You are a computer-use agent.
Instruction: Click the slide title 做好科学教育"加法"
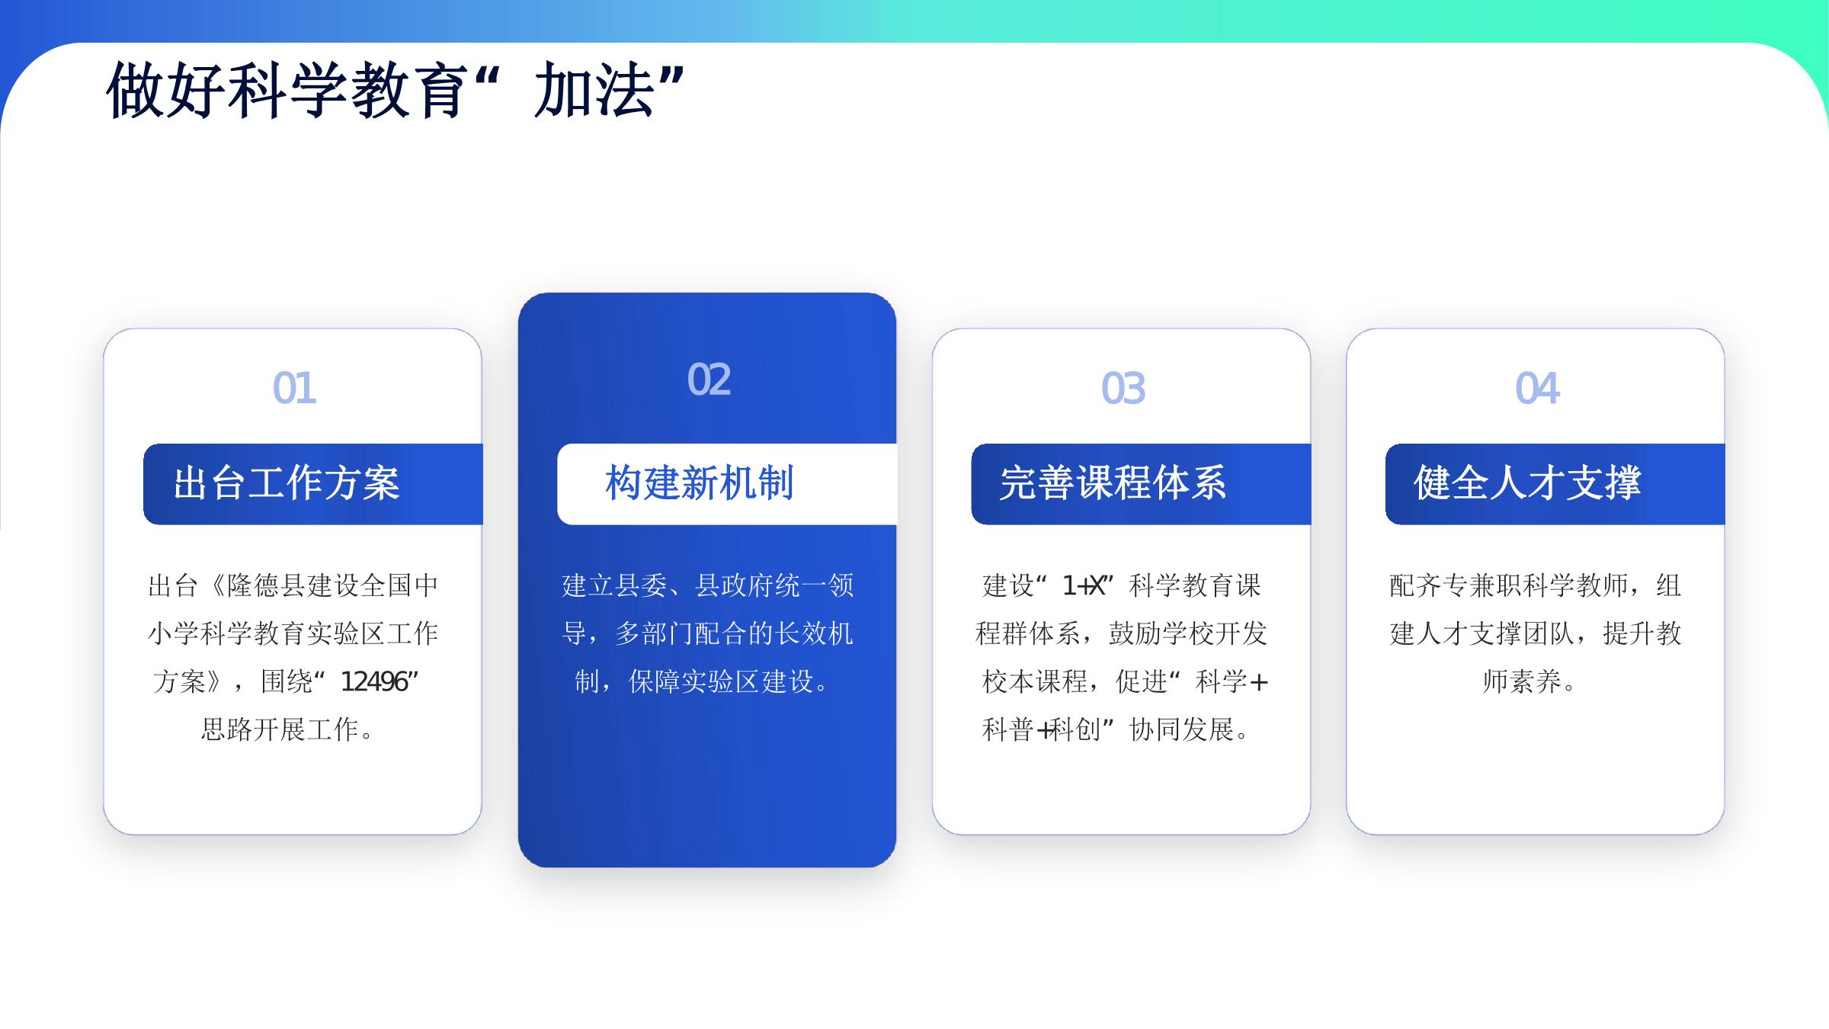[395, 91]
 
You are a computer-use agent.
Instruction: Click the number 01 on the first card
[294, 388]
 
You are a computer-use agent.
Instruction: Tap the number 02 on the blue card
[709, 380]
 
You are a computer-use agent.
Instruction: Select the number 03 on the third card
[1123, 388]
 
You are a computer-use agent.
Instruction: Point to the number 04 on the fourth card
[1537, 388]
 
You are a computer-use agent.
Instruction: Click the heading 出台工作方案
[287, 483]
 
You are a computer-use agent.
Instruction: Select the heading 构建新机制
[700, 483]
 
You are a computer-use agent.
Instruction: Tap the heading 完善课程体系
[1113, 483]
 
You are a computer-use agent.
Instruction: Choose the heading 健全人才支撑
[1527, 483]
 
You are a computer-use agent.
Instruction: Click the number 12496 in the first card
[374, 681]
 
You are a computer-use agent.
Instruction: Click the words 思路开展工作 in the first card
[280, 729]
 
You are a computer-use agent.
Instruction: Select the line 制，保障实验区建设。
[702, 681]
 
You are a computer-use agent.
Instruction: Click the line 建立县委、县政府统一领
[708, 585]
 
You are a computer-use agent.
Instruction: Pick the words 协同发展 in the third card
[1181, 729]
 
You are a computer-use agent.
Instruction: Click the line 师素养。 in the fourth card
[1529, 681]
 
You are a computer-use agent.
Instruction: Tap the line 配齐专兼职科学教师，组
[1536, 585]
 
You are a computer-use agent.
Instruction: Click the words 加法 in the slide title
[594, 91]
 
